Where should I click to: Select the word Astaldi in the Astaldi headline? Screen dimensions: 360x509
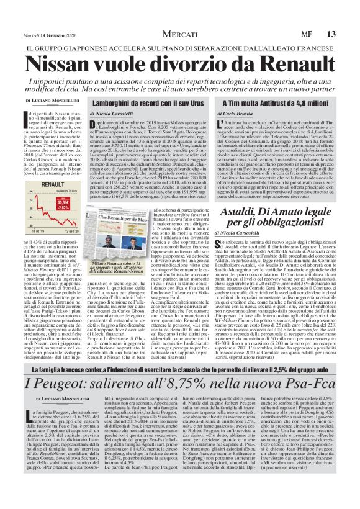pos(244,213)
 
